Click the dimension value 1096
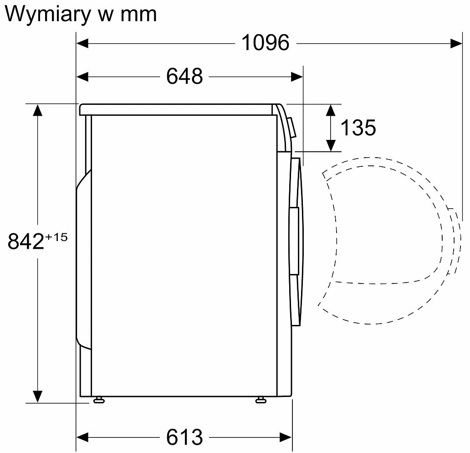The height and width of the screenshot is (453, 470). [x=265, y=43]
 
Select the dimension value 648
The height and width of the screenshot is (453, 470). [x=184, y=76]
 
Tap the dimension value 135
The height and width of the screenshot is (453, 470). [x=358, y=128]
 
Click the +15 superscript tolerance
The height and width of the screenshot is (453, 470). [x=56, y=237]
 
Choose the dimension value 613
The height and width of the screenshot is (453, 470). [x=184, y=437]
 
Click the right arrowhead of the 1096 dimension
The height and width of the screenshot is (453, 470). [x=456, y=43]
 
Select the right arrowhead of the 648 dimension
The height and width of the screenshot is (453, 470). [x=297, y=77]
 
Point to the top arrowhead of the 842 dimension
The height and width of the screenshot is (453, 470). [x=37, y=110]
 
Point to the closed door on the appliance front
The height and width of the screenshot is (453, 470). [x=296, y=242]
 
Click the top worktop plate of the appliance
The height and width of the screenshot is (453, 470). [x=178, y=109]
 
